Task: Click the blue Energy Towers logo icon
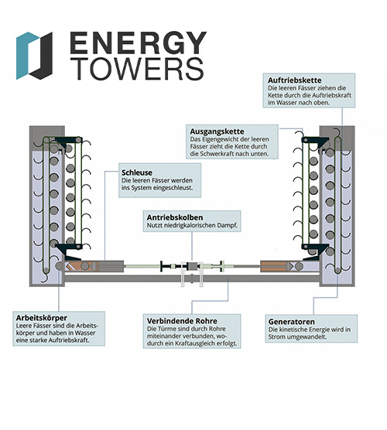click(x=34, y=55)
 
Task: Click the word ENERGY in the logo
click(x=137, y=43)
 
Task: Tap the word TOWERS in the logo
click(x=136, y=70)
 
